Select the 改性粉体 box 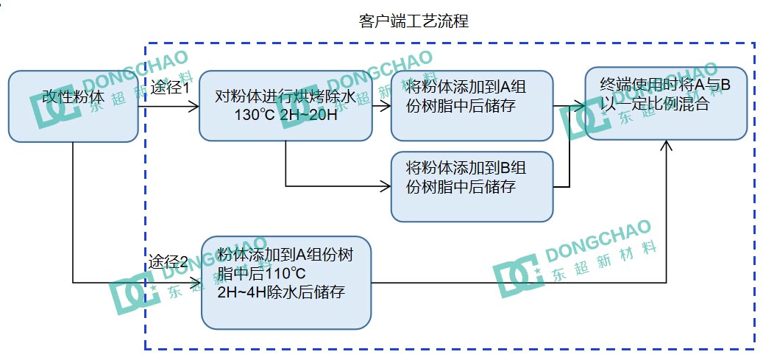[73, 105]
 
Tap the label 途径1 [170, 88]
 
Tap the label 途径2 [170, 261]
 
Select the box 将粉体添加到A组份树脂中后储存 [472, 105]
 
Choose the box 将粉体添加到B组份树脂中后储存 [472, 186]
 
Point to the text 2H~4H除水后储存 [282, 292]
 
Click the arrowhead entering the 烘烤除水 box [194, 106]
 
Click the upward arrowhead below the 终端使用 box [666, 146]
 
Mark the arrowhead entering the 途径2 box [196, 281]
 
